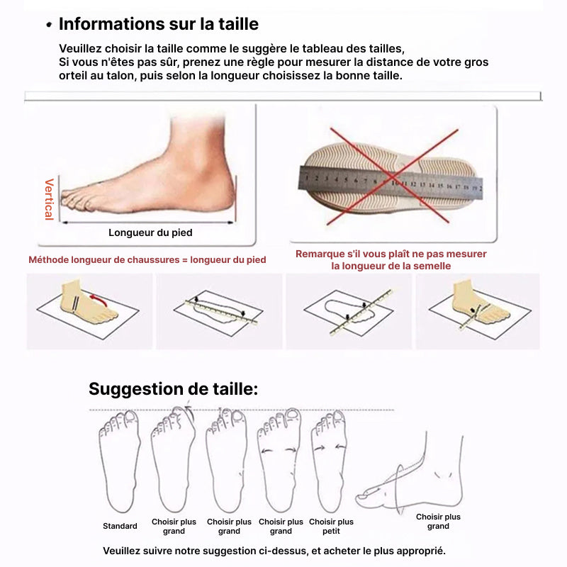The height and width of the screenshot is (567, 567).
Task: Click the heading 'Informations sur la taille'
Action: pos(159,24)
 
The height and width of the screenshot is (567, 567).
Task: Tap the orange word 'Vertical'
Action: pos(49,199)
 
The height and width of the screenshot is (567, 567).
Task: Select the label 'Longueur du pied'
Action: pos(150,232)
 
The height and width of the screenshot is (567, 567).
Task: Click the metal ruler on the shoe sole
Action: pos(391,182)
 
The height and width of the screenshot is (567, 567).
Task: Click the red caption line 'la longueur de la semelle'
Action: pos(391,266)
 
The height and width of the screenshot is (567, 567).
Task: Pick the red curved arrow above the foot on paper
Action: pos(98,298)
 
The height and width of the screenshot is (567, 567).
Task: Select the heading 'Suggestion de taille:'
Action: pos(173,389)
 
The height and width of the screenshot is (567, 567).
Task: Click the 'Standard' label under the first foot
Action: pos(120,526)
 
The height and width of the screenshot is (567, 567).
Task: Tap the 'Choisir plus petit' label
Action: pos(331,527)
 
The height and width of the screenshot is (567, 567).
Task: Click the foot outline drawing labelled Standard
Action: pos(119,461)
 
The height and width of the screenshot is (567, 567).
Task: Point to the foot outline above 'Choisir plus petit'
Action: pos(329,461)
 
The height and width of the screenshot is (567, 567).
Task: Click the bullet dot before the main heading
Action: pos(49,25)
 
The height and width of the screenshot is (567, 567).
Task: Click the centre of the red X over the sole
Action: pos(393,177)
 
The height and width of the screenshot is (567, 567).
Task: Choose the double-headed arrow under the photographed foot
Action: pos(148,223)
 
